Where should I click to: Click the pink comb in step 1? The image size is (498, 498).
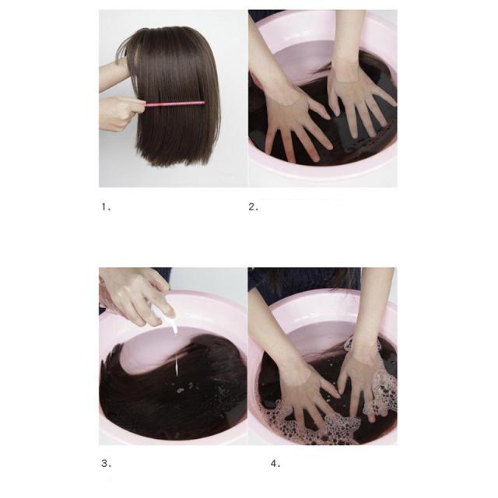(x=175, y=103)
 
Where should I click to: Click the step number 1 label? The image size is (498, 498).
(x=106, y=207)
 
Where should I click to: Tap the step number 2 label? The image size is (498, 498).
(x=253, y=207)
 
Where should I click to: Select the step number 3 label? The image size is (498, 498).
(x=107, y=464)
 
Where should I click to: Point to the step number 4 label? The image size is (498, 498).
(x=275, y=464)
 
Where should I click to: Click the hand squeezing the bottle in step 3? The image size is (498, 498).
(x=137, y=296)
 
